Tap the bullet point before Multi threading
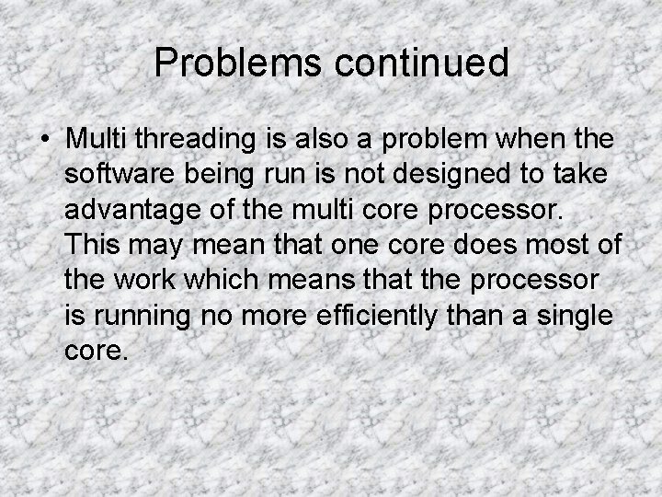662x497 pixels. pos(44,139)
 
